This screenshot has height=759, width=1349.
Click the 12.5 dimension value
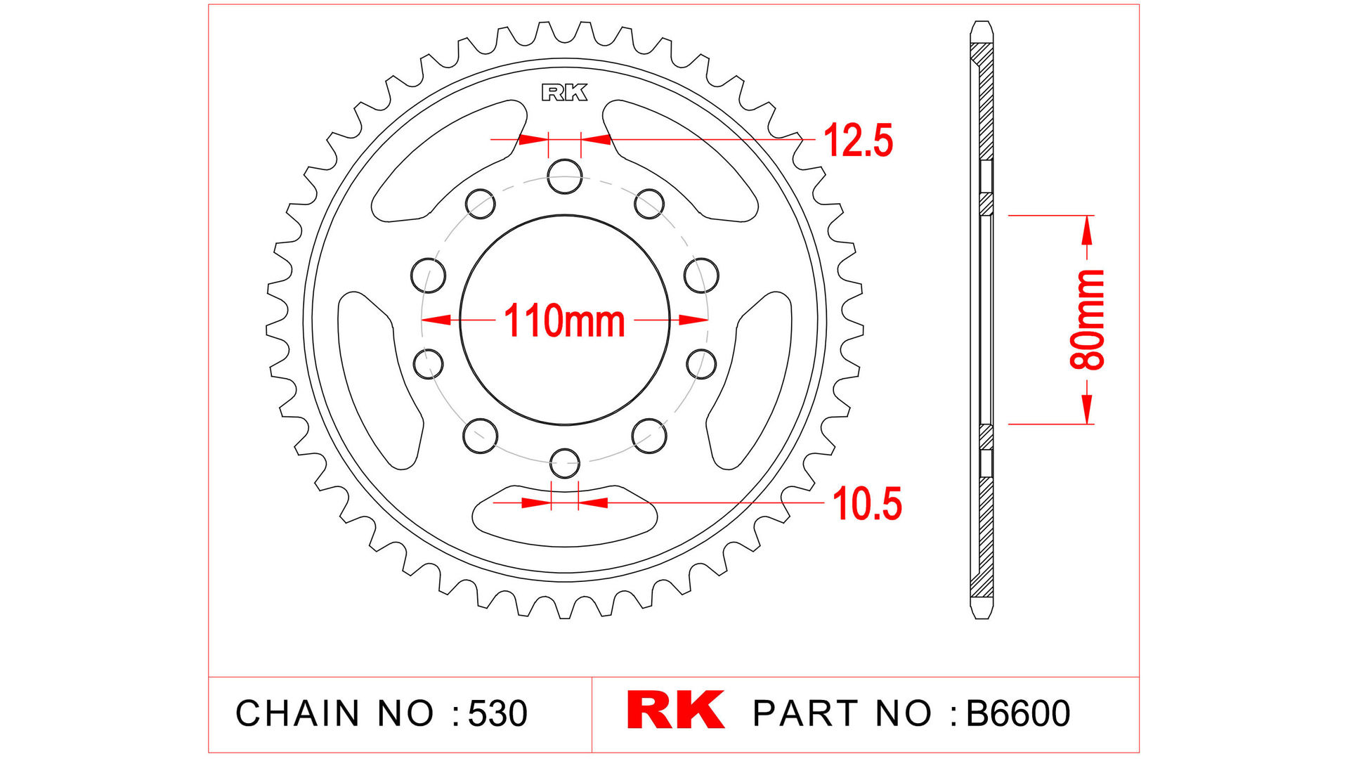(x=857, y=141)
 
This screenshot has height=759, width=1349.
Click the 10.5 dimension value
(x=866, y=504)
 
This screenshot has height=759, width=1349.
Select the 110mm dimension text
(x=564, y=321)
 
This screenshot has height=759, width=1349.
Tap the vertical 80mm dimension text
(x=1088, y=320)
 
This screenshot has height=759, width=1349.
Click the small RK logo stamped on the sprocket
(x=564, y=93)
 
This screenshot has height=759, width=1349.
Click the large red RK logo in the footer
(x=675, y=711)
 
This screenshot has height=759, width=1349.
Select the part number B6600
(x=1018, y=713)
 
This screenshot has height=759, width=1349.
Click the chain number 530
(x=497, y=713)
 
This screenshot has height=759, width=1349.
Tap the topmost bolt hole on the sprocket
(x=565, y=176)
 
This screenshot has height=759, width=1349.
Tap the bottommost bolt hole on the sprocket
(x=564, y=463)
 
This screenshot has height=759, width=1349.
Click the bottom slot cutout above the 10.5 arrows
(x=564, y=524)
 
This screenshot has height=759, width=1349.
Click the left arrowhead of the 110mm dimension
(x=436, y=320)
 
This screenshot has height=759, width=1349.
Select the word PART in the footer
(x=805, y=713)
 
